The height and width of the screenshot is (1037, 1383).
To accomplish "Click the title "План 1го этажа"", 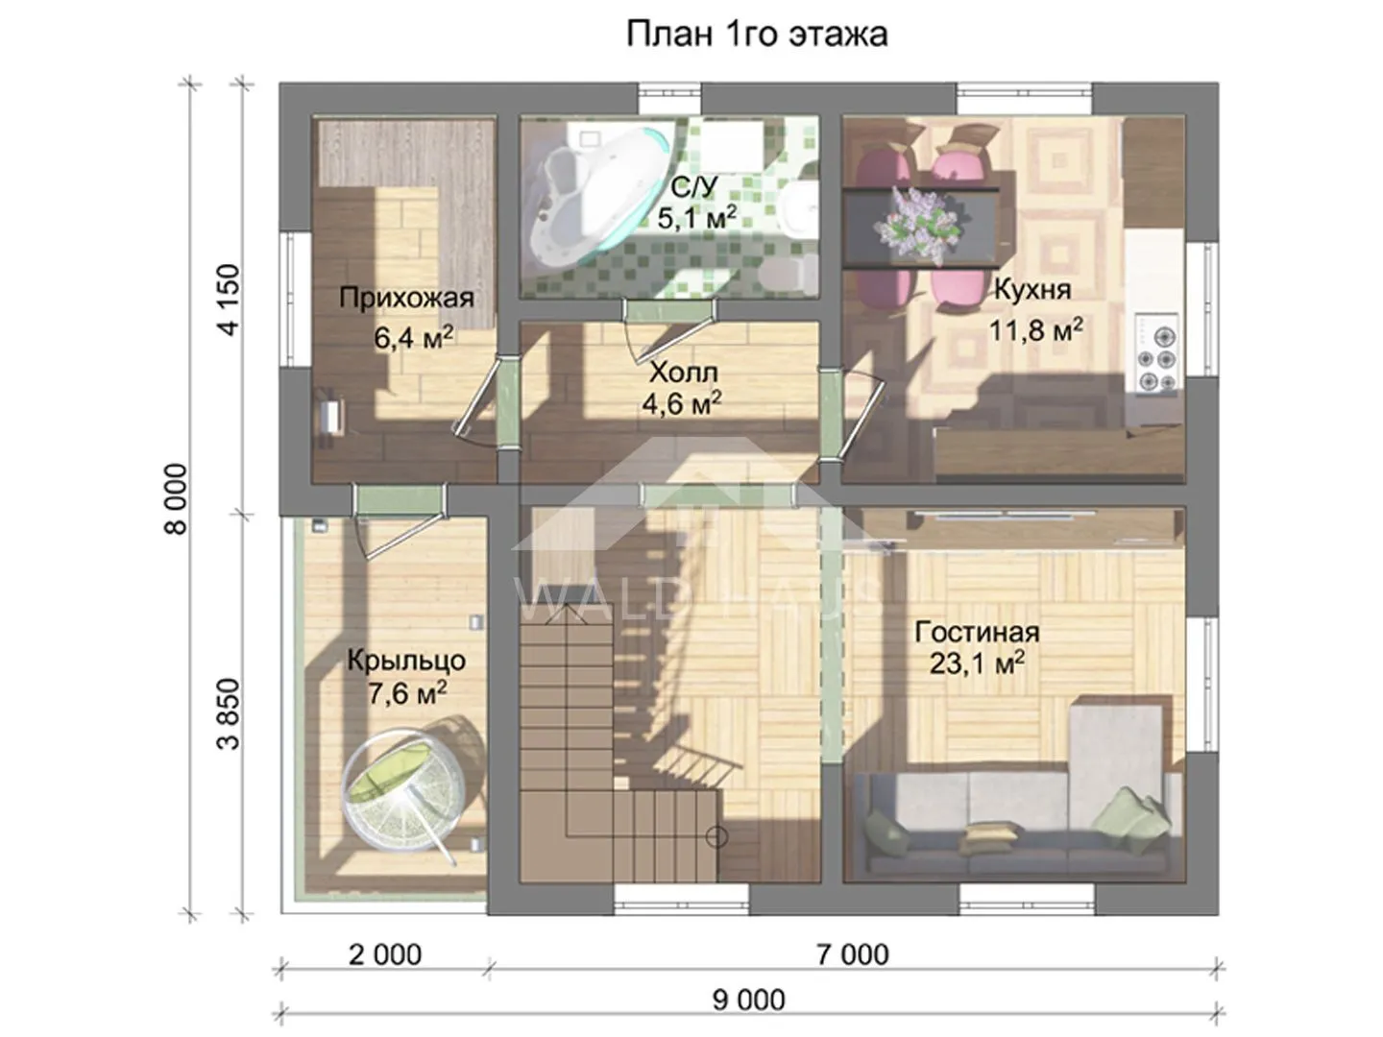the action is [757, 34].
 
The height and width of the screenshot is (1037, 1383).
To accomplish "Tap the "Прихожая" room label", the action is [406, 298].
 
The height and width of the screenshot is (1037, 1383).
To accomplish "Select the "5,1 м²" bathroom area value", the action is [696, 217].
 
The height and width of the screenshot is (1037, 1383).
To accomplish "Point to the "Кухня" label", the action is [1032, 290].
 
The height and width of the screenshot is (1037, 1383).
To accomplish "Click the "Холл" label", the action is [684, 373].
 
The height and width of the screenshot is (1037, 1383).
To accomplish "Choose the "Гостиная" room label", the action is [977, 632].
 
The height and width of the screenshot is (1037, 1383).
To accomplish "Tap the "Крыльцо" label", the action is [406, 661].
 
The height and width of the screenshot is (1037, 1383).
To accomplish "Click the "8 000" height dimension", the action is [176, 499].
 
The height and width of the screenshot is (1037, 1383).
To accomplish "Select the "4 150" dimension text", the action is [229, 300].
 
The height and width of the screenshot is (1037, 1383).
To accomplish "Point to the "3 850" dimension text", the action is [229, 713].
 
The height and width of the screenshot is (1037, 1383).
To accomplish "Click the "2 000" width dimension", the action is [385, 954].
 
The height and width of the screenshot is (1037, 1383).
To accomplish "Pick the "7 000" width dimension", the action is [853, 954].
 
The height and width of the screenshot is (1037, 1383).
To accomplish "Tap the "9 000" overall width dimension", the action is [748, 1000].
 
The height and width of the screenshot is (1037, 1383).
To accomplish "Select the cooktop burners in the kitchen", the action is [1156, 354].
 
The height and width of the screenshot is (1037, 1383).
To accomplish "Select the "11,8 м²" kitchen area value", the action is [1036, 330].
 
